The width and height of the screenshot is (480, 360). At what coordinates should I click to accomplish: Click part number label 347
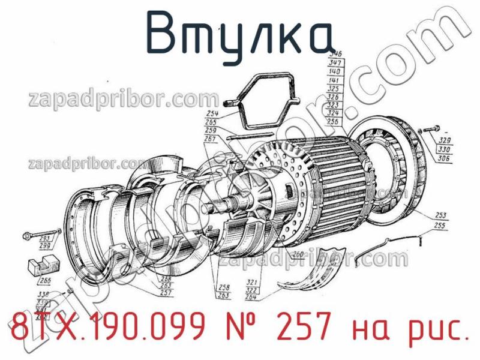coord(335,62)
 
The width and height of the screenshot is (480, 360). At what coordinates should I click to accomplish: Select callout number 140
coord(335,71)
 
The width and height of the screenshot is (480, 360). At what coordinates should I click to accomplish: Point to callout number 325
coord(335,88)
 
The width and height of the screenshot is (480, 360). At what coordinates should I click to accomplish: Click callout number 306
coord(445,158)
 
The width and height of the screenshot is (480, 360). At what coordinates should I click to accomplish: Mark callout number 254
coord(211,113)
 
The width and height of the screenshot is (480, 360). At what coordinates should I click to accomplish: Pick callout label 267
coord(210,139)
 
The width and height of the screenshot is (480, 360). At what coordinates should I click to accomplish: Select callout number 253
coord(440,215)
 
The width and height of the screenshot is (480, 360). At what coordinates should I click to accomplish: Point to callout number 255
coord(440,225)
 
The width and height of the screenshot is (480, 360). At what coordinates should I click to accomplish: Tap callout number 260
coord(298,255)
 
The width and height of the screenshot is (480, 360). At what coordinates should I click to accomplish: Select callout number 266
coord(45,280)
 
